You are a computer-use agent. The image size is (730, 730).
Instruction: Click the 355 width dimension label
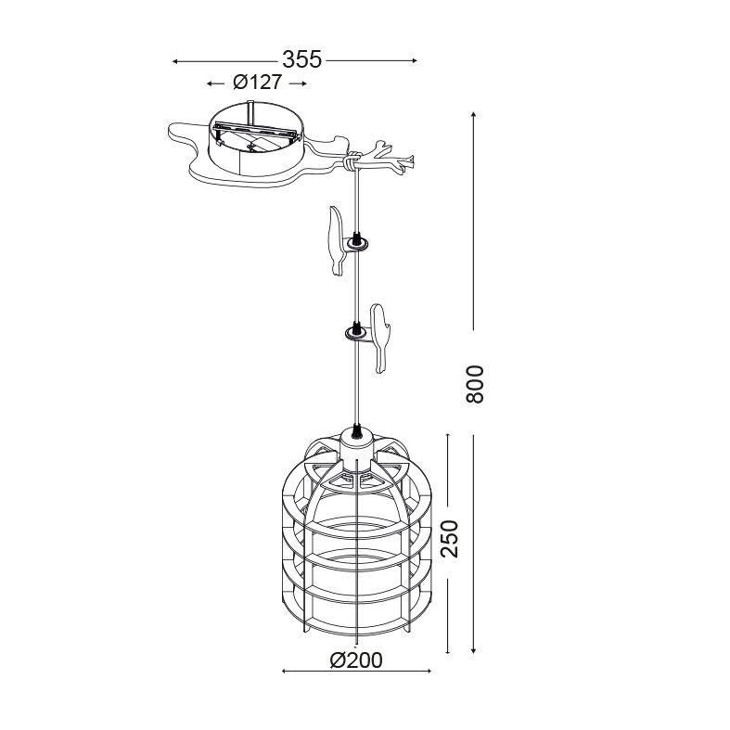(301, 59)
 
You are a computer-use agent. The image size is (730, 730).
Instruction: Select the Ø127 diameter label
(258, 83)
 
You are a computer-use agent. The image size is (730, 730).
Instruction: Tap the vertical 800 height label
(475, 384)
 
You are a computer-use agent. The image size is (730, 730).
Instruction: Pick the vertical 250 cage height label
(449, 539)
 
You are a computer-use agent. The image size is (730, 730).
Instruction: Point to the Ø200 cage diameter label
(356, 660)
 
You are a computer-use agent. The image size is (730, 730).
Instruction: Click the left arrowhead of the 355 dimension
(175, 61)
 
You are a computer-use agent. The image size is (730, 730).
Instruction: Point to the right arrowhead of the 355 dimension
(414, 60)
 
